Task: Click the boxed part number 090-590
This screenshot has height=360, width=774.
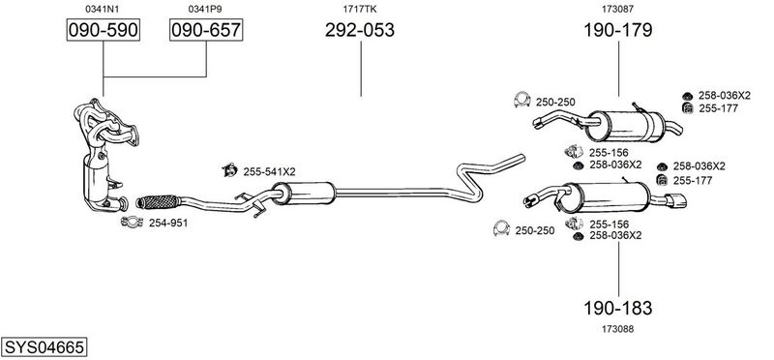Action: [x=104, y=30]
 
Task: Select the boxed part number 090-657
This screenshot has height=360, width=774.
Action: [x=206, y=30]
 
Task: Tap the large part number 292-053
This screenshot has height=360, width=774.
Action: [x=360, y=30]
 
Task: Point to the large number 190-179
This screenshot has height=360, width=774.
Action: [x=618, y=30]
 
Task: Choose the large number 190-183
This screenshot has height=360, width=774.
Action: [x=618, y=308]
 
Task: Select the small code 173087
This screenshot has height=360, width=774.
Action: [x=618, y=9]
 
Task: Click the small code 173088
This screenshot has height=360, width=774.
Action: [x=618, y=329]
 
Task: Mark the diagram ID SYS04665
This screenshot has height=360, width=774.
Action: [x=44, y=347]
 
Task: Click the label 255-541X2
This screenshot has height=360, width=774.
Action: [x=269, y=172]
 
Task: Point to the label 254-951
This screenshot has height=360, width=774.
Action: [x=168, y=224]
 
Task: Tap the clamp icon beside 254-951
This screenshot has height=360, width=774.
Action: [x=132, y=223]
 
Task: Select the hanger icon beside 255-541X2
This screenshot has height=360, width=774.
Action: [x=229, y=170]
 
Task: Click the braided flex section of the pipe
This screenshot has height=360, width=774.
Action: [x=158, y=201]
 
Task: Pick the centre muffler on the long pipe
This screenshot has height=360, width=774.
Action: [x=304, y=193]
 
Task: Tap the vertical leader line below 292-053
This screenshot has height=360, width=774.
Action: [x=361, y=69]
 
